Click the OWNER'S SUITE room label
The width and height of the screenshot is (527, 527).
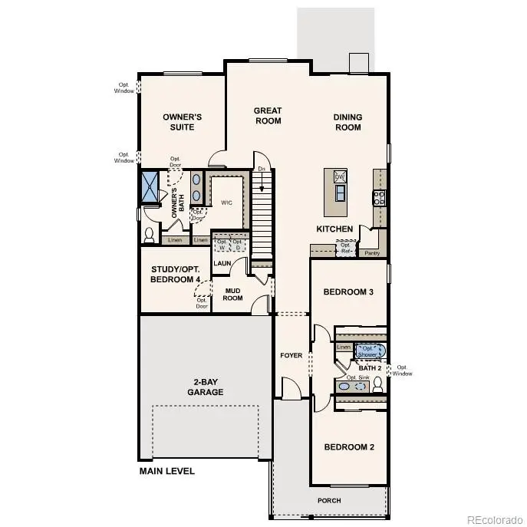pyautogui.click(x=182, y=122)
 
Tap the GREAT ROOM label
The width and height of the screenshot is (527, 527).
pyautogui.click(x=268, y=116)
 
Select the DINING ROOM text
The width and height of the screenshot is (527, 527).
pyautogui.click(x=347, y=123)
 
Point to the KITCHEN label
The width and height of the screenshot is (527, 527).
pyautogui.click(x=335, y=229)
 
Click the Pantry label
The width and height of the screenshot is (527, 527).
pyautogui.click(x=372, y=252)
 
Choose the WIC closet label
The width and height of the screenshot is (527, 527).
pyautogui.click(x=226, y=203)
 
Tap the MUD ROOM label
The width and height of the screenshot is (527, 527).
pyautogui.click(x=232, y=294)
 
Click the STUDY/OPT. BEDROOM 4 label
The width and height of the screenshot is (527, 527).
pyautogui.click(x=175, y=275)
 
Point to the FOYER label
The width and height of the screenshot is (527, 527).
pyautogui.click(x=291, y=355)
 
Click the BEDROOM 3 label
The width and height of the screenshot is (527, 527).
pyautogui.click(x=348, y=292)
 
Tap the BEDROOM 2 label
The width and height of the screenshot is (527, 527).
pyautogui.click(x=348, y=447)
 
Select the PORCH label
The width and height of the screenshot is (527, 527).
pyautogui.click(x=330, y=500)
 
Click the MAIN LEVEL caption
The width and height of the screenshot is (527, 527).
pyautogui.click(x=166, y=471)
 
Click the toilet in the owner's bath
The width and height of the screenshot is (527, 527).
pyautogui.click(x=150, y=234)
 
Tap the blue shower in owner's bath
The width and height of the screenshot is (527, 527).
pyautogui.click(x=149, y=186)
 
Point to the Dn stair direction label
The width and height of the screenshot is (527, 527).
pyautogui.click(x=262, y=168)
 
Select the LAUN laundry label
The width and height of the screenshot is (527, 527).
pyautogui.click(x=222, y=263)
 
